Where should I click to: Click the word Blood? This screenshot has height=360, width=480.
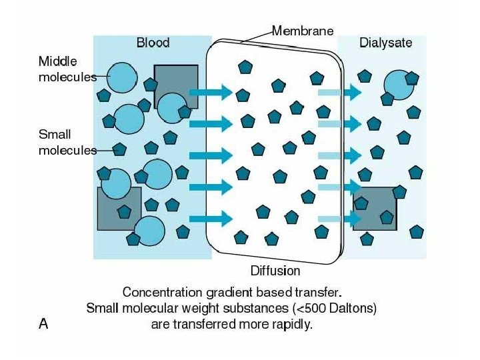[153, 43]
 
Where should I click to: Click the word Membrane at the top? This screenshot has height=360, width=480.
[303, 31]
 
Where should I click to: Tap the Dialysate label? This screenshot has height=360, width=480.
[385, 43]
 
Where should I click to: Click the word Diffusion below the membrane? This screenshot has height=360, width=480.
[275, 271]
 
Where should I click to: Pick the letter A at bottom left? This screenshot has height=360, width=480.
[44, 324]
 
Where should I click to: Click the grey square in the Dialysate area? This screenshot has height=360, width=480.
[375, 209]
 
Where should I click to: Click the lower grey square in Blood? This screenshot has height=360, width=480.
[119, 208]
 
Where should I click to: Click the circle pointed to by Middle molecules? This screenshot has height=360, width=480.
[121, 77]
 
